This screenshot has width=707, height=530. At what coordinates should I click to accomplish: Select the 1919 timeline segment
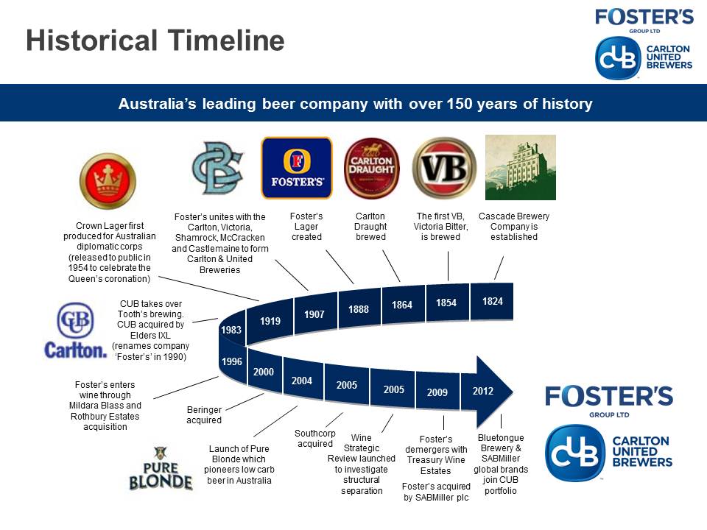270,320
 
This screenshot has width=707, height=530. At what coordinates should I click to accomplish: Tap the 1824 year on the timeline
492,301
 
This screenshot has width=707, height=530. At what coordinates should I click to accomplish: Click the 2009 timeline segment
437,392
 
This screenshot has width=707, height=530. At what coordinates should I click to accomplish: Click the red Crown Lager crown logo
108,181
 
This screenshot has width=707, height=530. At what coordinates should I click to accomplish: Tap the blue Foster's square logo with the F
297,168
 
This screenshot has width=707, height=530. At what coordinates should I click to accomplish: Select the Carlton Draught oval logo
371,168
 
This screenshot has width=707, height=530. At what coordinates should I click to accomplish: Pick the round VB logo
445,168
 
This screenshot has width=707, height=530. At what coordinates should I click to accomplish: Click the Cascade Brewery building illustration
521,167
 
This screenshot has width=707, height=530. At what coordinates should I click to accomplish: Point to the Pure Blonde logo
161,468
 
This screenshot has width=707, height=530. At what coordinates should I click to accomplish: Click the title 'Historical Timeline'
155,40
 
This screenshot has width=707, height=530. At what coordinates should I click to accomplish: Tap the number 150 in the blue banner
460,104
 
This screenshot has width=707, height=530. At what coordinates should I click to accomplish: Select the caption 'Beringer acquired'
204,414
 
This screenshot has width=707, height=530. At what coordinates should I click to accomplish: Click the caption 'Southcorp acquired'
314,439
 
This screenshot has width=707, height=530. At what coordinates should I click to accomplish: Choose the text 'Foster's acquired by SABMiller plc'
436,492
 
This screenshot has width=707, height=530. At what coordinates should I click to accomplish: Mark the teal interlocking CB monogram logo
217,168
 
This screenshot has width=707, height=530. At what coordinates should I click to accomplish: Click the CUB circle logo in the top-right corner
618,58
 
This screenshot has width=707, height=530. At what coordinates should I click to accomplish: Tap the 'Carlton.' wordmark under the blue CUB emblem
76,350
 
